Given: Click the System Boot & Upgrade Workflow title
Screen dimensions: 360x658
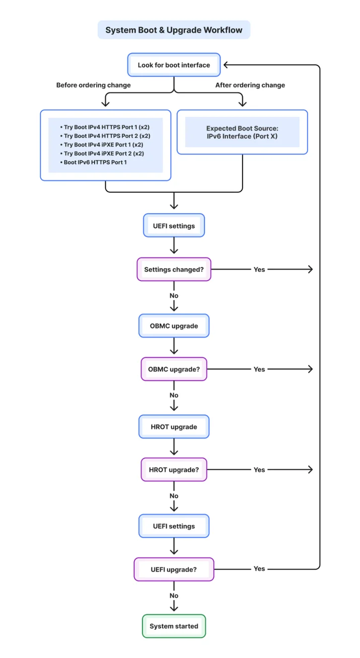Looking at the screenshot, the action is pos(174,30).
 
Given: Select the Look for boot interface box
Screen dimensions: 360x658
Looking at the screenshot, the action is pos(174,65).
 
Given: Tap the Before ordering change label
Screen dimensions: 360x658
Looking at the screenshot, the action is pos(93,85).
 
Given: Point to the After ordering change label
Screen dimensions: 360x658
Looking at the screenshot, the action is pos(250,85).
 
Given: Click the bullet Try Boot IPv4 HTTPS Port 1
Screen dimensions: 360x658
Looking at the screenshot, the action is pos(105,127).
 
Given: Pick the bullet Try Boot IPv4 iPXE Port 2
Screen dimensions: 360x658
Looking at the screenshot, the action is pos(102,154).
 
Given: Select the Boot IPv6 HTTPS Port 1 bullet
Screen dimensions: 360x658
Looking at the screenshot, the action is pos(93,162).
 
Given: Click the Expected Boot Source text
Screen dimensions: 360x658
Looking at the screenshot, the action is pos(242,128).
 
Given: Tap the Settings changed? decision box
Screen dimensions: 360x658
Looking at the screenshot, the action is pos(174,270).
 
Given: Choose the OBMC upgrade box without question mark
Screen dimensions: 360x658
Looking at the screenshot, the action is pos(174,326).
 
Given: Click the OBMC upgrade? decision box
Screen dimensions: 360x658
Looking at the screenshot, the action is pos(174,369).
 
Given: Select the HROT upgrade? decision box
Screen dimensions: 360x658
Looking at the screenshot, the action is pos(174,470).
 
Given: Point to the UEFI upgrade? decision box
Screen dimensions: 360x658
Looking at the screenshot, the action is pos(174,570).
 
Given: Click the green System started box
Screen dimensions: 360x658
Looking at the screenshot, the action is pos(174,626).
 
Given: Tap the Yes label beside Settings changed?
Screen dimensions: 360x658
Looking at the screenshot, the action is pos(259,270).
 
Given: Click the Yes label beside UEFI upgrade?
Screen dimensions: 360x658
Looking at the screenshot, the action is pos(259,569).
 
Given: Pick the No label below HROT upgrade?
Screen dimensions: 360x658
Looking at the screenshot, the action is pos(174,496).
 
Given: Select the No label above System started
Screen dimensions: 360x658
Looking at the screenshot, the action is pos(174,596).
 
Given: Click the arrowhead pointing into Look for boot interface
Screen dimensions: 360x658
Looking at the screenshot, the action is pos(226,65).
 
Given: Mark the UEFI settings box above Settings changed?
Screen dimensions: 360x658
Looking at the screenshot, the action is pos(174,226).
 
